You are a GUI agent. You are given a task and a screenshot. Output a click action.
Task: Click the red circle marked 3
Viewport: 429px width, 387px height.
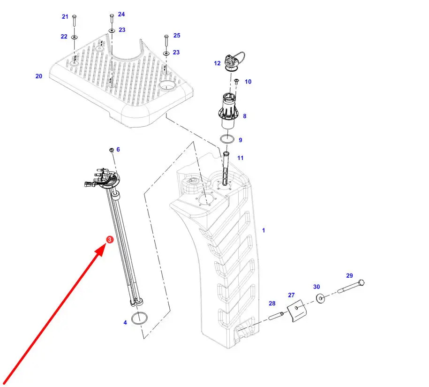(109, 240)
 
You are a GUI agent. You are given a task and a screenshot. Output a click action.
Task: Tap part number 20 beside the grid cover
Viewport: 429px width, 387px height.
(39, 76)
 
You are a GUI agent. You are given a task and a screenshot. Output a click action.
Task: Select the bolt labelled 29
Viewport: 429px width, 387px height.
(351, 287)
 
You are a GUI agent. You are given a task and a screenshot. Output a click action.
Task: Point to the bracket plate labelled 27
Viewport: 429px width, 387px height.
(297, 311)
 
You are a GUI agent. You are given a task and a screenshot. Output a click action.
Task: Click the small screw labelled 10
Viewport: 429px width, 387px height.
(236, 81)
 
